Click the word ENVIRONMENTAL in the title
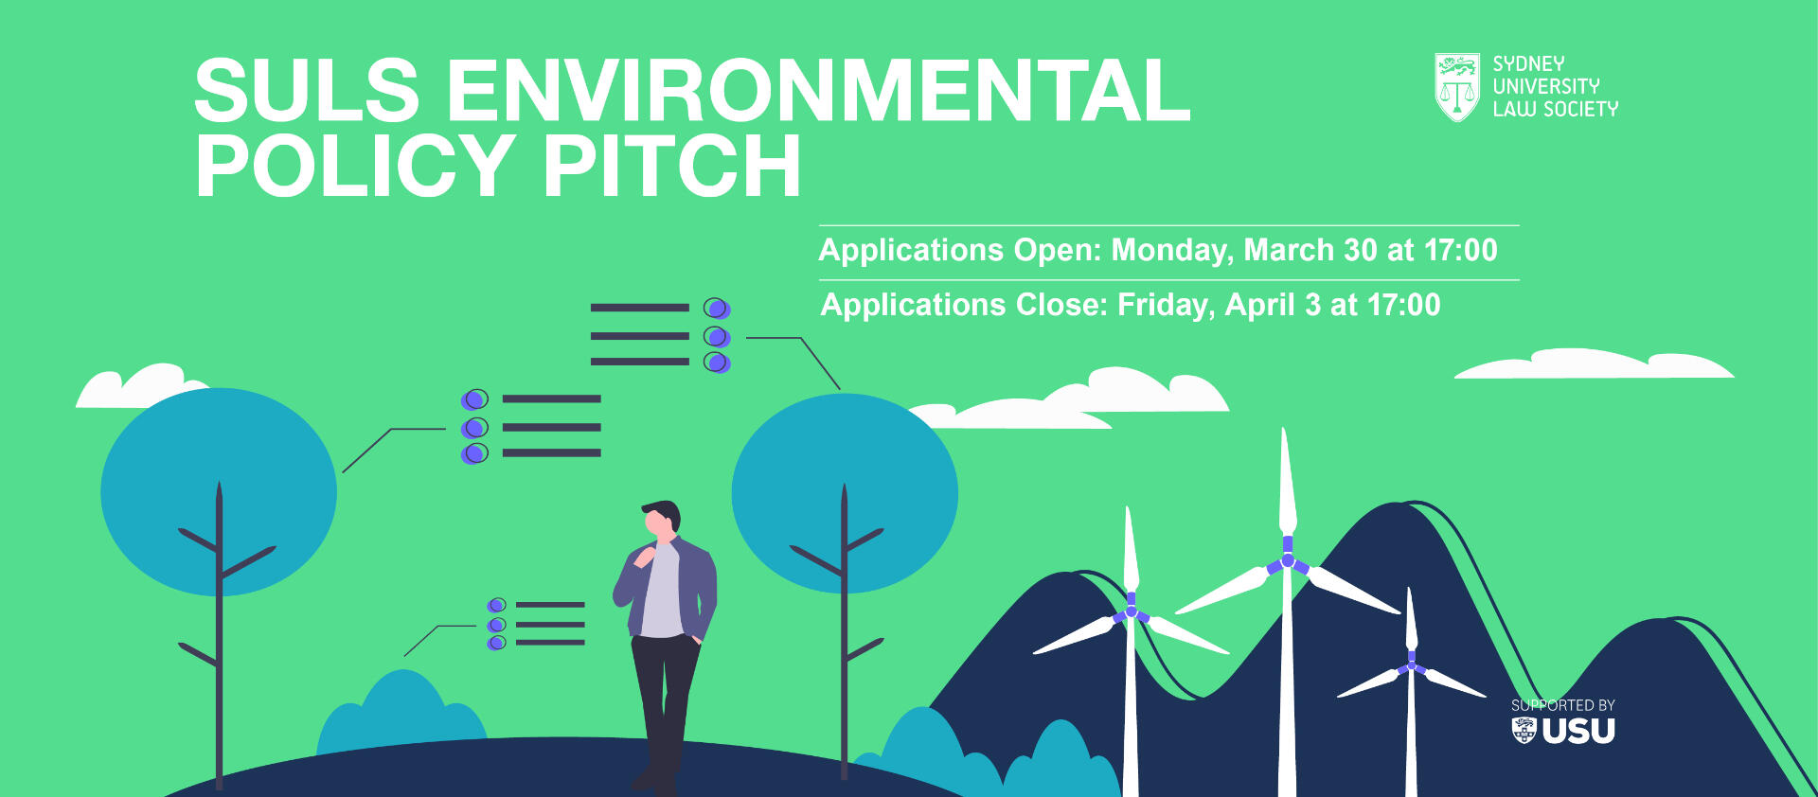[818, 91]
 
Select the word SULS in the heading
[307, 91]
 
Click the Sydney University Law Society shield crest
[1457, 87]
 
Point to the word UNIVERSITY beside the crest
[1546, 86]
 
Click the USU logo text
[1578, 731]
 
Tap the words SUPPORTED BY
[1563, 705]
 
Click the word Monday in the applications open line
[1171, 251]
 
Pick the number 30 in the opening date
[1361, 250]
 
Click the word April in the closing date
[1258, 306]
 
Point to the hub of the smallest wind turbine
[1411, 665]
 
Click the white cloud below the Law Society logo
[1595, 364]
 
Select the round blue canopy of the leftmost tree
[219, 492]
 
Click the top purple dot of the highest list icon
[717, 309]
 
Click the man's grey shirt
[662, 592]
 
